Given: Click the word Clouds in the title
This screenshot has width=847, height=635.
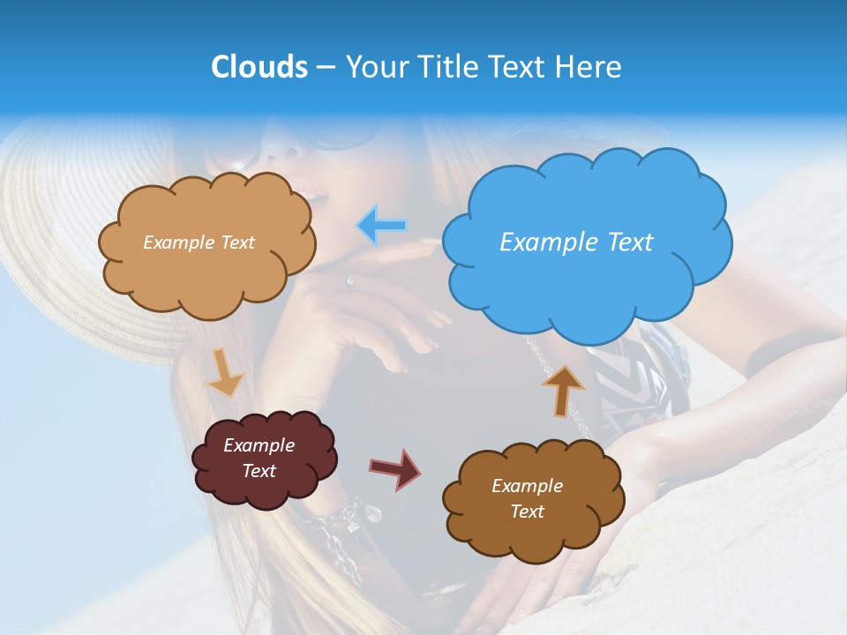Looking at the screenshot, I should click(259, 67).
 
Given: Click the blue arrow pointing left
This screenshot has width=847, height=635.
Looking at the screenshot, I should click(382, 226).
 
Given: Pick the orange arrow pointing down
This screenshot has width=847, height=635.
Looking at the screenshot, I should click(225, 372).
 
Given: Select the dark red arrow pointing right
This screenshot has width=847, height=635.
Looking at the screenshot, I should click(395, 468).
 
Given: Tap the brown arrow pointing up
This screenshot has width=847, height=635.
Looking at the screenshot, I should click(562, 390).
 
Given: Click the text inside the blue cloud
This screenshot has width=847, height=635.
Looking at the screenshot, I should click(576, 243).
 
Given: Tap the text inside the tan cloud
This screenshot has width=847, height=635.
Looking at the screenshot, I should click(199, 243).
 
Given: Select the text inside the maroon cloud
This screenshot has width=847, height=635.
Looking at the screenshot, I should click(259, 458).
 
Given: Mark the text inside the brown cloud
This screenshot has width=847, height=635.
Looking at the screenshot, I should click(527, 498).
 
